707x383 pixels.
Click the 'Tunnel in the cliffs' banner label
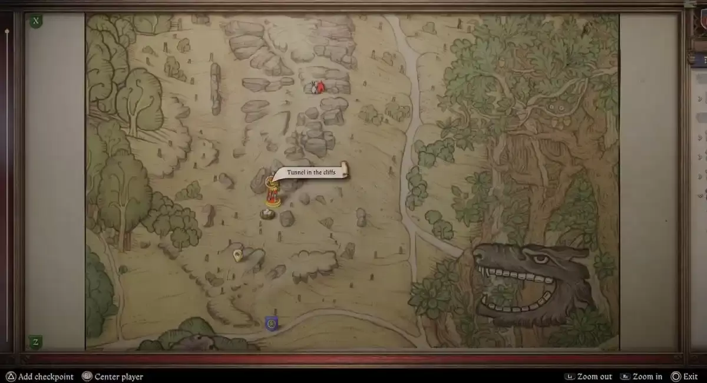(312, 172)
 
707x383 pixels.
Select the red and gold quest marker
(272, 190)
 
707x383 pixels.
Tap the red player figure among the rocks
(320, 87)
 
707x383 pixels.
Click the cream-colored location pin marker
(237, 256)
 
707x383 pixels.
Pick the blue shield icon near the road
(271, 323)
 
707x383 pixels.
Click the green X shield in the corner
(36, 21)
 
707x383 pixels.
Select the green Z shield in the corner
(35, 342)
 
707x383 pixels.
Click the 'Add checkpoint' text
(45, 377)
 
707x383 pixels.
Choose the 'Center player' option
(118, 377)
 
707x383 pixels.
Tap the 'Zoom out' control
(594, 377)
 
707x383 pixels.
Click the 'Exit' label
(691, 377)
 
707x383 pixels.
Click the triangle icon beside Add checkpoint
(10, 377)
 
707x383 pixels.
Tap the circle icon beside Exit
(676, 377)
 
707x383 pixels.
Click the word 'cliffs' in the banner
(325, 172)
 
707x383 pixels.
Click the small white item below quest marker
(268, 213)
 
